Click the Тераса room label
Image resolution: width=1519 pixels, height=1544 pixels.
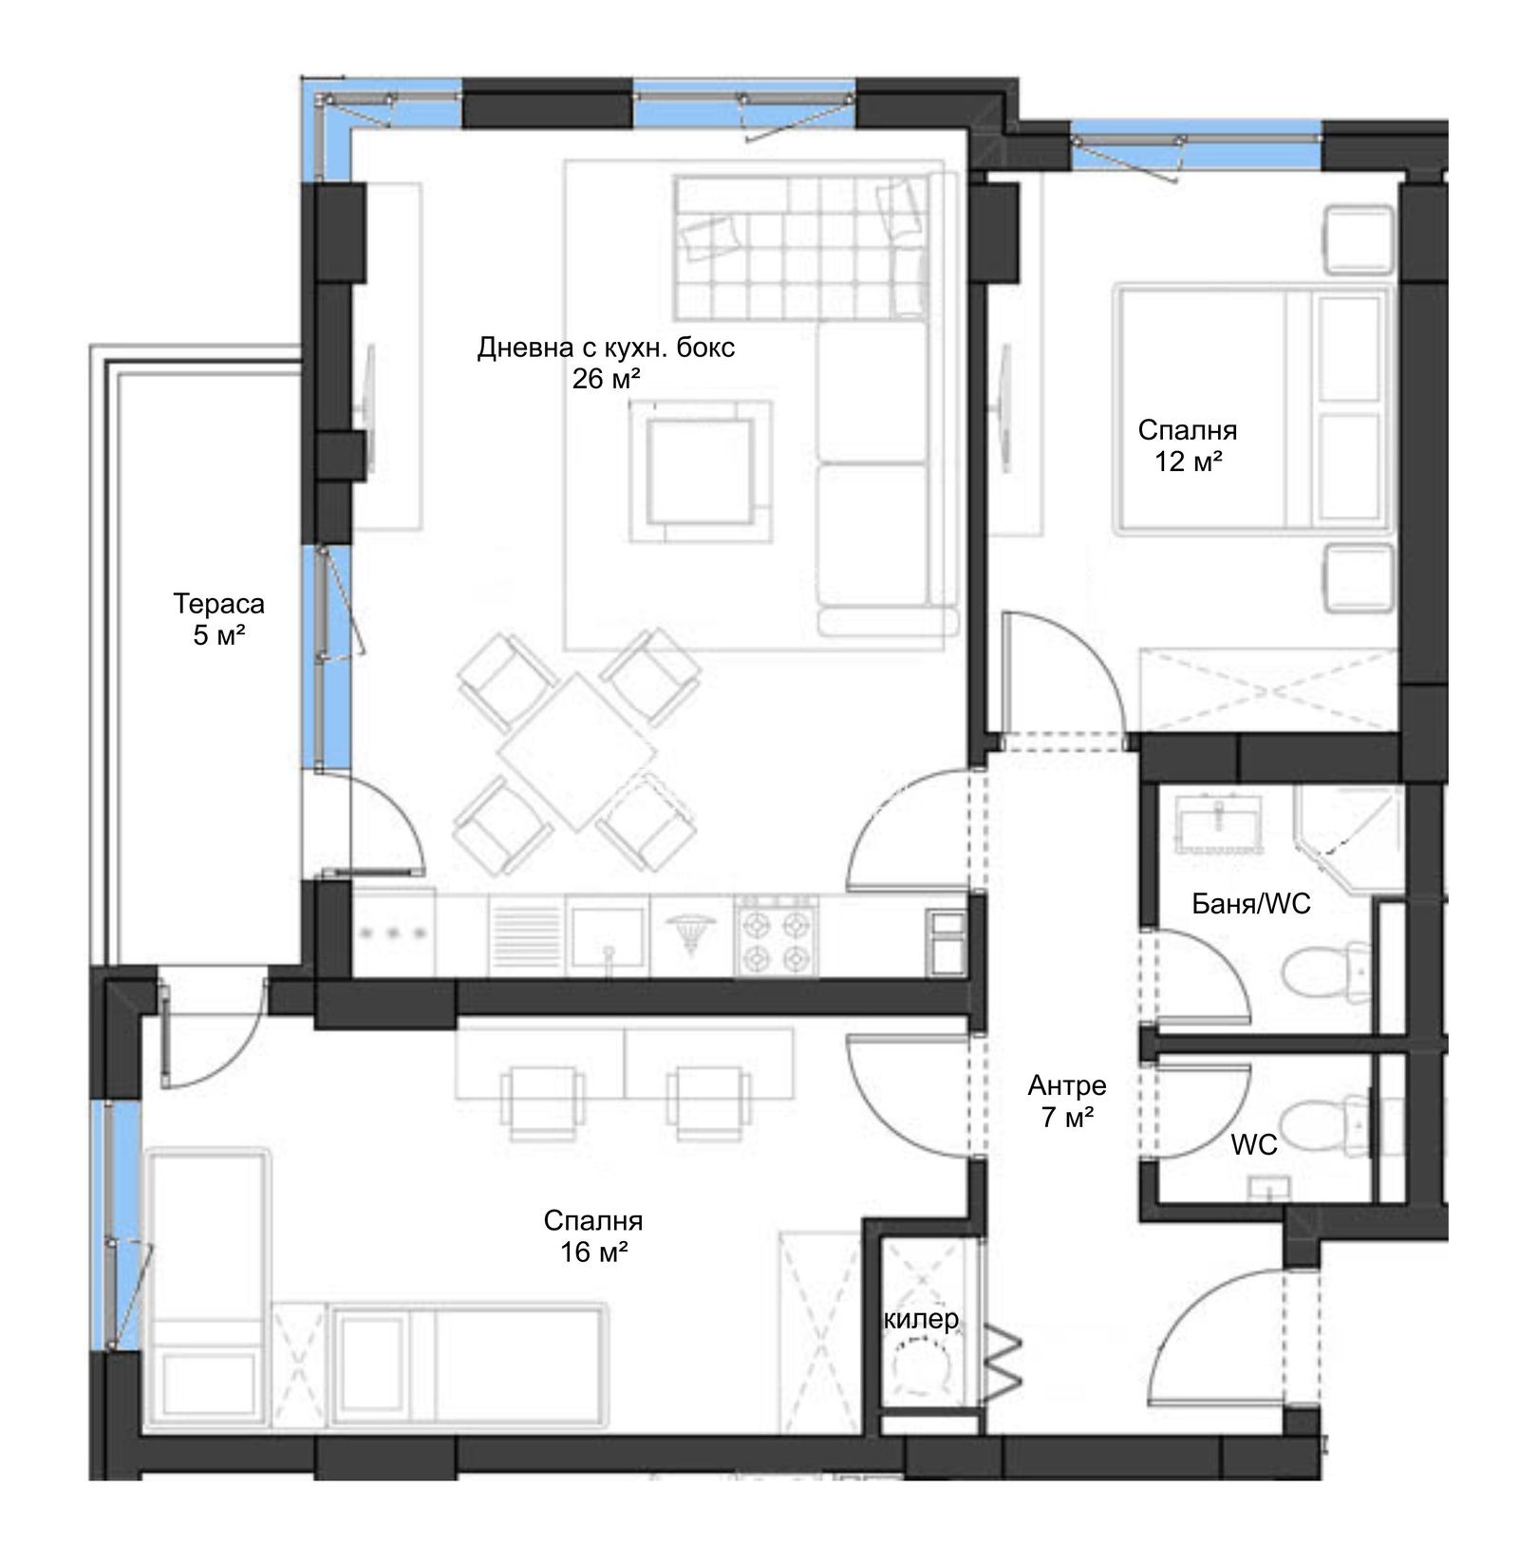pos(218,603)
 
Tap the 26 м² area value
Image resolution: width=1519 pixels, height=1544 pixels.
pos(606,380)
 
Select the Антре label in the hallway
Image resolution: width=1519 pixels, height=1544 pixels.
pos(1067,1084)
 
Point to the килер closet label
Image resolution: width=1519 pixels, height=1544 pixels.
pos(921,1319)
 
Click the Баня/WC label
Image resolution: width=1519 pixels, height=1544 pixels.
pos(1251,903)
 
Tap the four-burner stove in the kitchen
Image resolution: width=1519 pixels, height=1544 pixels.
pos(776,935)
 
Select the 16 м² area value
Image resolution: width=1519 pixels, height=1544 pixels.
pos(594,1252)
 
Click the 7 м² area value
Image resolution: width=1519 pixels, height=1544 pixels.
pos(1067,1117)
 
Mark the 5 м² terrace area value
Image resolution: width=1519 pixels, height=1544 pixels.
pos(219,635)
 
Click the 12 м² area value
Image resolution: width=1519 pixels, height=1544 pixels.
pos(1187,462)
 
